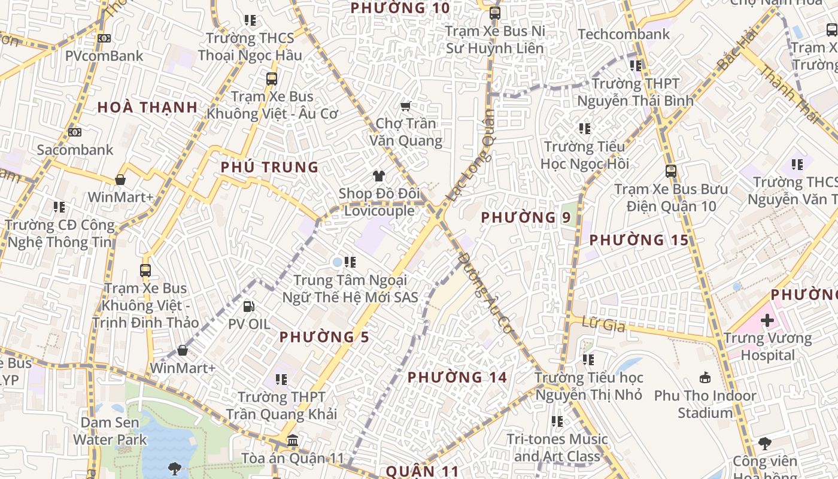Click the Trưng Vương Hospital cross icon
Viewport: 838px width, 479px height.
coord(767,320)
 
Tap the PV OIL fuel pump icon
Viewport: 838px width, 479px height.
coord(248,307)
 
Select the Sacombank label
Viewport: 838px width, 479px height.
coord(75,149)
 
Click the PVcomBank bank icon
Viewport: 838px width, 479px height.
coord(104,38)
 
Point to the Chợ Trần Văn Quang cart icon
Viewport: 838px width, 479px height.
coord(405,107)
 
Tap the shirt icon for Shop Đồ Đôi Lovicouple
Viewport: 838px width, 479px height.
coord(378,175)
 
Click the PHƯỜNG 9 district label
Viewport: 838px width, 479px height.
coord(526,217)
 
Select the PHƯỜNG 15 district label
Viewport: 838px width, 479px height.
coord(639,240)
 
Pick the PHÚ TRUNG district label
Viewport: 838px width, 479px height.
coord(269,167)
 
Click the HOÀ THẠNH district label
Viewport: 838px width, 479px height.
coord(147,108)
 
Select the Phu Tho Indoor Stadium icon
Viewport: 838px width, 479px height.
coord(705,378)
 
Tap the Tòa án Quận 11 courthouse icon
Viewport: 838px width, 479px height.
coord(293,441)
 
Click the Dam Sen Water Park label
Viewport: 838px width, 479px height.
coord(110,431)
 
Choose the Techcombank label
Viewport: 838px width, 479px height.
coord(624,34)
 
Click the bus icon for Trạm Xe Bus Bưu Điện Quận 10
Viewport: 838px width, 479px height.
coord(671,171)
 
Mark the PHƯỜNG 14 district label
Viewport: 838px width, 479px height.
coord(457,377)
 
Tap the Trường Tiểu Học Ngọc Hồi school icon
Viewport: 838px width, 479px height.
coord(585,128)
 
